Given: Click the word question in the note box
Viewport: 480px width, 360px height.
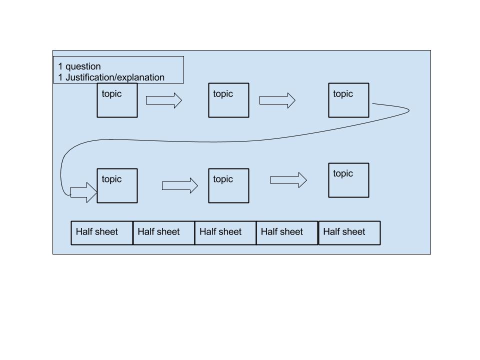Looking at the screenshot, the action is tap(83, 66).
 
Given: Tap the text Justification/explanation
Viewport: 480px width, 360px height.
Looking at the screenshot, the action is tap(115, 77).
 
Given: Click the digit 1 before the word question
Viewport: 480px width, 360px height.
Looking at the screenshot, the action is tap(60, 66).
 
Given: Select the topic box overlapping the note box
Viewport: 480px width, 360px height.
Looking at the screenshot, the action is tap(117, 100).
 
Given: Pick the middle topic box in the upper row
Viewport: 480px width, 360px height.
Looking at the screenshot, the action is tap(228, 100).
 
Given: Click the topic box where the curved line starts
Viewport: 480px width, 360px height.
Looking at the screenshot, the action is tap(348, 100).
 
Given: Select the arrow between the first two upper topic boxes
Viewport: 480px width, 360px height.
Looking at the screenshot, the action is tap(164, 100).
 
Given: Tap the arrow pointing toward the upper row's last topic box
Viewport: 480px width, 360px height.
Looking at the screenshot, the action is tap(277, 100).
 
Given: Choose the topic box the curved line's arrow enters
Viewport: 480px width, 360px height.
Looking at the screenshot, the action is tap(117, 185).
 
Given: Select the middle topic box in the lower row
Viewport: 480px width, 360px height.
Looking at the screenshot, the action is tap(228, 185).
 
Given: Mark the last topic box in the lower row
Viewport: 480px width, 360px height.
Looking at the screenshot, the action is tap(348, 180).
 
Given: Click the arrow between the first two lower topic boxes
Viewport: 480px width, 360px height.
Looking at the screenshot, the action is tap(180, 185).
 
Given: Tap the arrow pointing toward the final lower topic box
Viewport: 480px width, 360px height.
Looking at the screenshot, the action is tap(288, 180).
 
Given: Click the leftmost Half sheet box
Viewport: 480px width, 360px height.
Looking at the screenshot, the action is tap(102, 233).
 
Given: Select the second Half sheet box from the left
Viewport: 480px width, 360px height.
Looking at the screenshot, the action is tap(164, 233).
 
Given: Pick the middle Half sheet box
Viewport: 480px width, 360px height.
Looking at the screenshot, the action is tap(225, 233).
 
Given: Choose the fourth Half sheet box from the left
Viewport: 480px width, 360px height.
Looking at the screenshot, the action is tap(287, 233).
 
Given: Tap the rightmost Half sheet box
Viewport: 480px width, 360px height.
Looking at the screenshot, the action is tap(349, 233).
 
